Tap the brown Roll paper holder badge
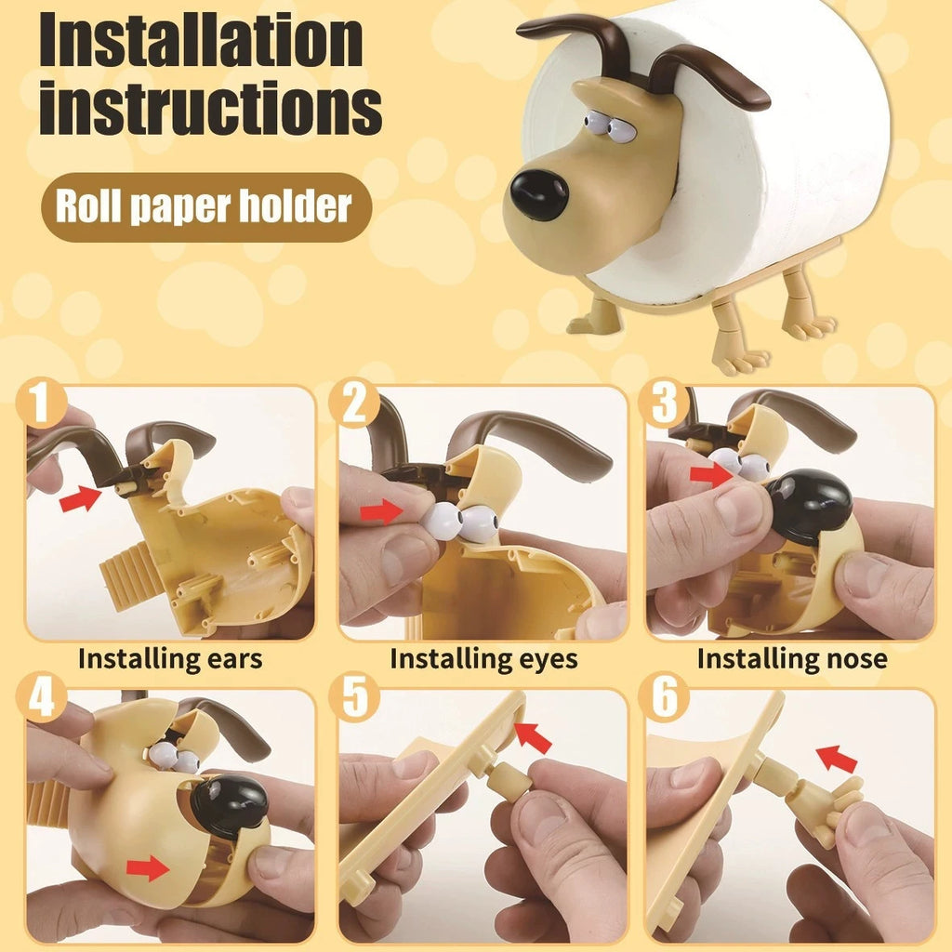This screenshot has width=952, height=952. (205, 206)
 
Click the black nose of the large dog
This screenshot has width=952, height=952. (539, 195)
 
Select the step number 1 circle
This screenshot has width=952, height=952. (42, 403)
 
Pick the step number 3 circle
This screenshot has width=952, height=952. (664, 403)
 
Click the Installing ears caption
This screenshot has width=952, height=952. (170, 659)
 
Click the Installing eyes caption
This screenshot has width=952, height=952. (483, 659)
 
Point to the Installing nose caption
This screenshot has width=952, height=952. (792, 659)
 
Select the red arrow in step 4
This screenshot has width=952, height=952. (149, 869)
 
